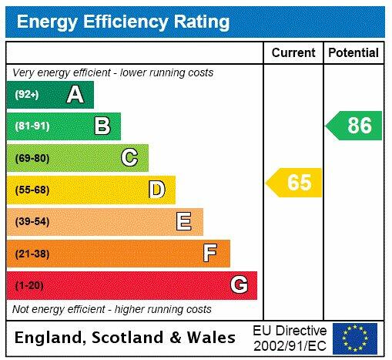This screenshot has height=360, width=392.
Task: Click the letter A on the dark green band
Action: pos(75,95)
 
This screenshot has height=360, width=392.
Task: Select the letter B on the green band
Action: pos(102,126)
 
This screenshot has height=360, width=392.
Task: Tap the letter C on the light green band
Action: pos(129,158)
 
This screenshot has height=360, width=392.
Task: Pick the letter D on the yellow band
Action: pos(156,190)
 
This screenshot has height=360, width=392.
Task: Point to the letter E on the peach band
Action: pos(183,222)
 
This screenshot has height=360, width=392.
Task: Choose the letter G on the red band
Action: pos(239,285)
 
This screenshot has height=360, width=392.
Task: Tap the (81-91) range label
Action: pos(32,126)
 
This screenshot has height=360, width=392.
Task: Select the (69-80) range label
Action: pos(32,158)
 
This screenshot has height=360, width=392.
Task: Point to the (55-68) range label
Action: pos(32,190)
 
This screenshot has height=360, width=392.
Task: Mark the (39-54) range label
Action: pos(32,222)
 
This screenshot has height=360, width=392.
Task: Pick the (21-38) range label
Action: pos(32,254)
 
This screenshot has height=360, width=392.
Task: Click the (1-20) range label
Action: pos(30,286)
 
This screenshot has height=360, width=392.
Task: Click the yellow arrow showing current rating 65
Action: pos(295,183)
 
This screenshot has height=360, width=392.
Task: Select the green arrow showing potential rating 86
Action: pos(355,126)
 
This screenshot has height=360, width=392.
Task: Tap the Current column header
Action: pos(293,53)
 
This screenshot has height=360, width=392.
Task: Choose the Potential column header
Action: pos(353,53)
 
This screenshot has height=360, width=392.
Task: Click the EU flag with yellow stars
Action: pos(355,338)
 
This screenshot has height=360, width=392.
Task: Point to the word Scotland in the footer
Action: pos(128,338)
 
